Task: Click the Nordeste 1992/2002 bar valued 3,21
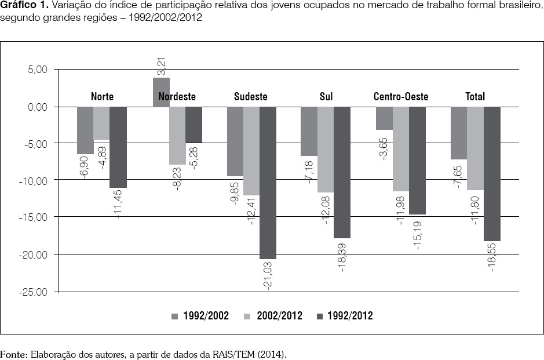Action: coord(162,92)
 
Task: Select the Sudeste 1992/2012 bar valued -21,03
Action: coord(268,183)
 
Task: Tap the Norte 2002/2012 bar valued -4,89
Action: coord(101,123)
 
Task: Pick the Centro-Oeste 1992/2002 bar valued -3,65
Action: coord(384,118)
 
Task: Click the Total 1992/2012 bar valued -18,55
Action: coord(492,174)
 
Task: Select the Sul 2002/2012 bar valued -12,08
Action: coord(326,150)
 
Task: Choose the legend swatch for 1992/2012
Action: coord(320,316)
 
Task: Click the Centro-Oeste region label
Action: coord(401,97)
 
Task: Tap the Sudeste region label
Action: coord(251,97)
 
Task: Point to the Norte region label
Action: coord(102,97)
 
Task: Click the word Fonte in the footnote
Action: coord(12,353)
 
